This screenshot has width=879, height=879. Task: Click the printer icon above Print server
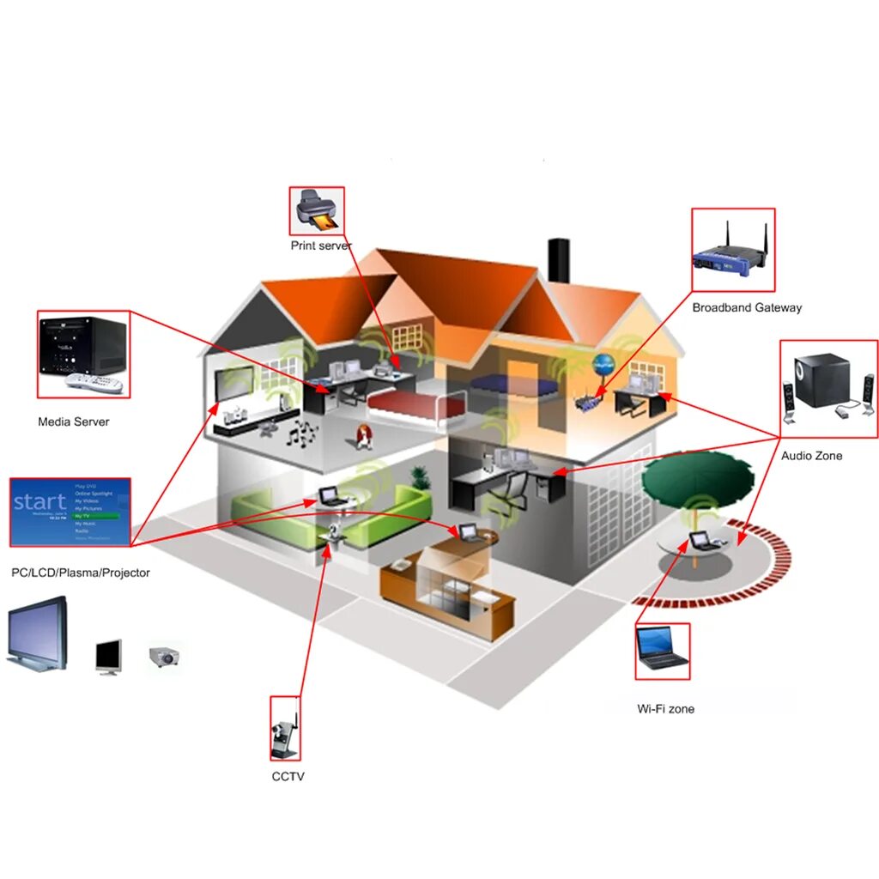tap(317, 210)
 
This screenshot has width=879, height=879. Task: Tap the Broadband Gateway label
tap(747, 307)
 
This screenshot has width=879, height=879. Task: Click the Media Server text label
tap(74, 421)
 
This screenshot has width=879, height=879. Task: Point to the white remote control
tap(94, 382)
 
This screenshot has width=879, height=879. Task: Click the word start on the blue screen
tap(39, 501)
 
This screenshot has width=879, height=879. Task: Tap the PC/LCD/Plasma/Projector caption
tap(81, 573)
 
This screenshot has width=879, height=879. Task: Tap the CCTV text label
tap(288, 777)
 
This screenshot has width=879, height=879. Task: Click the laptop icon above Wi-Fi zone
tap(662, 651)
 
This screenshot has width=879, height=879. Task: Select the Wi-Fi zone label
tap(666, 709)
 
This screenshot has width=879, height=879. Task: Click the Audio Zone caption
tap(811, 456)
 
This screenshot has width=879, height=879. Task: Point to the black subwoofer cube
tap(821, 380)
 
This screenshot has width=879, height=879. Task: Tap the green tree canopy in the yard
tap(698, 476)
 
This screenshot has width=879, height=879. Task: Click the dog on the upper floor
tap(364, 437)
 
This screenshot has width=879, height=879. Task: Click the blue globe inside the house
tap(603, 363)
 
